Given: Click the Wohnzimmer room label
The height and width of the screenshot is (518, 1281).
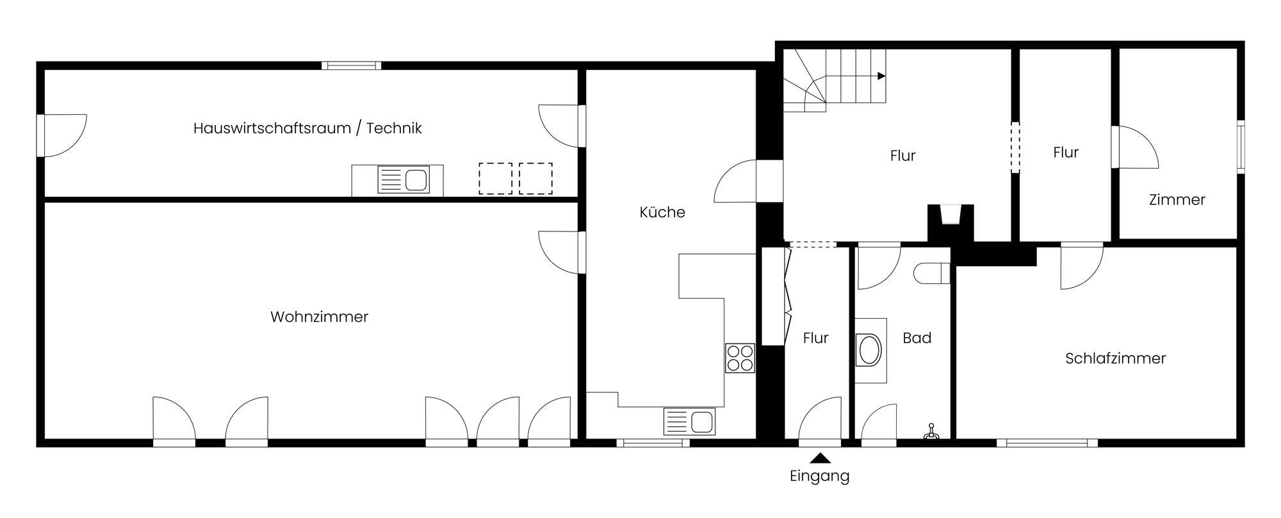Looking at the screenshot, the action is click(x=319, y=317).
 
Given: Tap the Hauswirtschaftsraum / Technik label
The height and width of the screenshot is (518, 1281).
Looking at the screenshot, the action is click(x=307, y=128).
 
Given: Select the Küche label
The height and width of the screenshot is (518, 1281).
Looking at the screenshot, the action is click(x=662, y=212).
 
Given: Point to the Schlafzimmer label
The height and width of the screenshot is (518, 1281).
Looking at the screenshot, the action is click(x=1115, y=358).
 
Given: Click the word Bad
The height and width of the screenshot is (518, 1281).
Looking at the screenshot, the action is click(x=917, y=338).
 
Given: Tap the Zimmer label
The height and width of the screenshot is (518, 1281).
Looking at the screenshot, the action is click(x=1177, y=200).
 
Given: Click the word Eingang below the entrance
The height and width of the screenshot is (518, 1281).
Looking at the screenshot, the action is click(x=819, y=476).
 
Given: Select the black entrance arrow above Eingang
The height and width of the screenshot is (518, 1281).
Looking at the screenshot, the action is click(x=820, y=458).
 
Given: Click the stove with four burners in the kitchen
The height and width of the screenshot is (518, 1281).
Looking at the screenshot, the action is click(x=740, y=358).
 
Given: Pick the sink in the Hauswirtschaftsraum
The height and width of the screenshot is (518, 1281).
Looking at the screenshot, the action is click(x=404, y=180).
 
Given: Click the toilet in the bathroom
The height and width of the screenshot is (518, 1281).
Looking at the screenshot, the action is click(x=932, y=273).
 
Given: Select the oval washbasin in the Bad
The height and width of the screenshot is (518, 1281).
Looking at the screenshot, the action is click(x=870, y=350).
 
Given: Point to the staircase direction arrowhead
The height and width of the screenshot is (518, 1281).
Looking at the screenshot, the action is click(x=881, y=76).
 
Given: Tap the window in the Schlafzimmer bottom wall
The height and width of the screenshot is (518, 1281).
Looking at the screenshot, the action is click(x=1047, y=442).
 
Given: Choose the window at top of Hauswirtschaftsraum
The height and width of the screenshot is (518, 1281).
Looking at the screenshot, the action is click(x=351, y=65).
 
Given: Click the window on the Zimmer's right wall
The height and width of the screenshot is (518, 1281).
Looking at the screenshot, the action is click(x=1241, y=146).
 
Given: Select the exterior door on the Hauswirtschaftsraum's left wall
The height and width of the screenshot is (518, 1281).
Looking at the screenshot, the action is click(x=40, y=135).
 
